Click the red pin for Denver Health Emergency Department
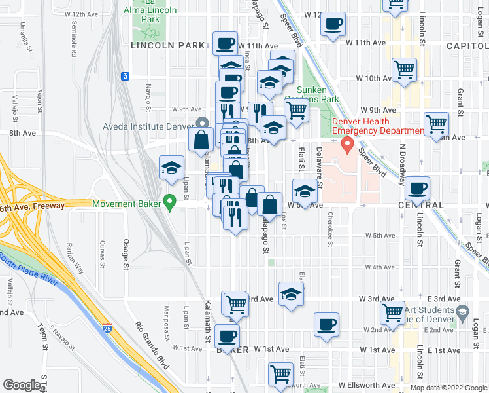click(x=348, y=143)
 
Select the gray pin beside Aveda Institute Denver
click(x=202, y=122)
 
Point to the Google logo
click(x=22, y=385)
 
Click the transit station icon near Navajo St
click(x=124, y=76)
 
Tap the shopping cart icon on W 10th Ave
click(x=405, y=69)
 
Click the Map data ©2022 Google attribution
click(x=448, y=388)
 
